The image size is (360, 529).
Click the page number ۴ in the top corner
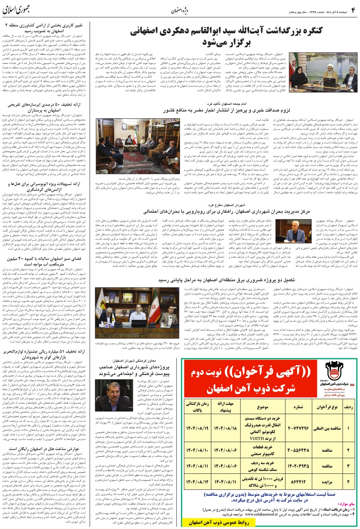coord(352,9)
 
